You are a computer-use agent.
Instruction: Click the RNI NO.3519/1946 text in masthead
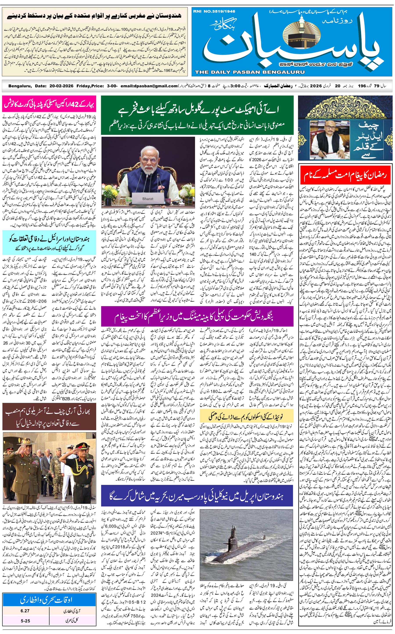tap(214, 11)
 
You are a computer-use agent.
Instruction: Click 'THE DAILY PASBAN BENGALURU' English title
tap(250, 72)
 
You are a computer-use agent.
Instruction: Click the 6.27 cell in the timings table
tap(25, 611)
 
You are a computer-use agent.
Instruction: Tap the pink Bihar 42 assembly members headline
tap(49, 104)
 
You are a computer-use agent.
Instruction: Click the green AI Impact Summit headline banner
tap(197, 115)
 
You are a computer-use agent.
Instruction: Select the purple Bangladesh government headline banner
tap(197, 316)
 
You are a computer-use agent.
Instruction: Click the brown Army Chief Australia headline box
tap(49, 417)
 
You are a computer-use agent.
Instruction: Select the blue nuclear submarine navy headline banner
tap(197, 495)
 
